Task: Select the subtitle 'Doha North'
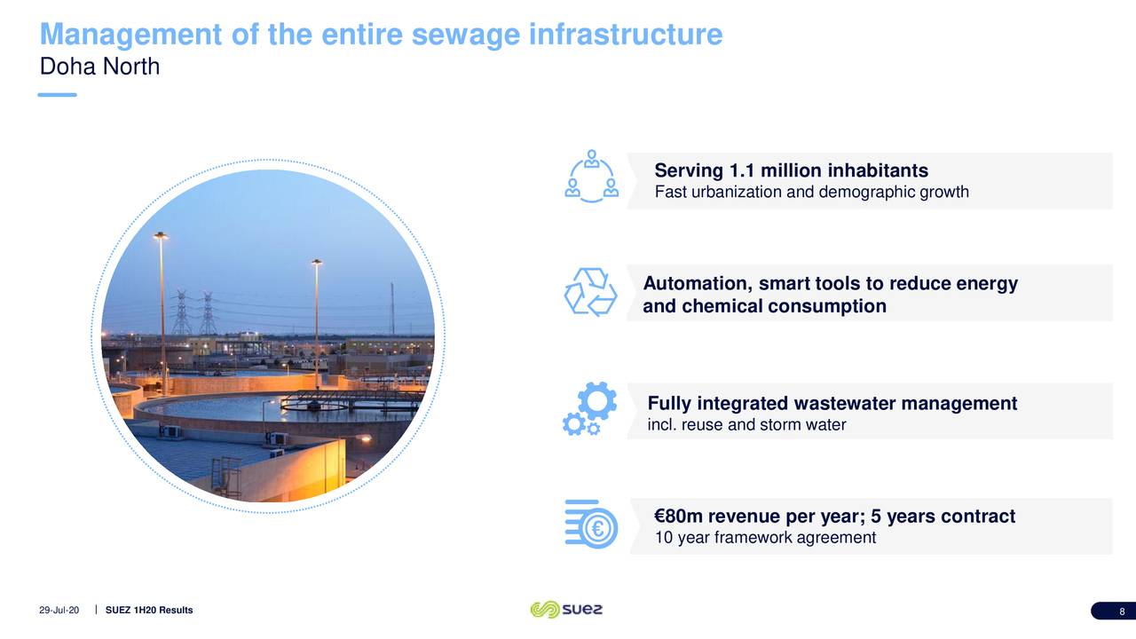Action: pyautogui.click(x=99, y=67)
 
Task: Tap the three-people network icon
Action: pyautogui.click(x=592, y=176)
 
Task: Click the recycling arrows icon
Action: pyautogui.click(x=591, y=291)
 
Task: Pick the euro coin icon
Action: pyautogui.click(x=597, y=529)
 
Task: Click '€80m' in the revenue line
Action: pyautogui.click(x=678, y=517)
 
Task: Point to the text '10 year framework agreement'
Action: pyautogui.click(x=764, y=538)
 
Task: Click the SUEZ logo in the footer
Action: pyautogui.click(x=566, y=610)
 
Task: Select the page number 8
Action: pyautogui.click(x=1122, y=611)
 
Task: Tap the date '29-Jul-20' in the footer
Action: pyautogui.click(x=59, y=611)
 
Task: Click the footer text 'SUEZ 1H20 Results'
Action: pyautogui.click(x=148, y=611)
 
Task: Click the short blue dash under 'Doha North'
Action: pyautogui.click(x=58, y=95)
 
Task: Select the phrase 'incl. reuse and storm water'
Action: pyautogui.click(x=746, y=425)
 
